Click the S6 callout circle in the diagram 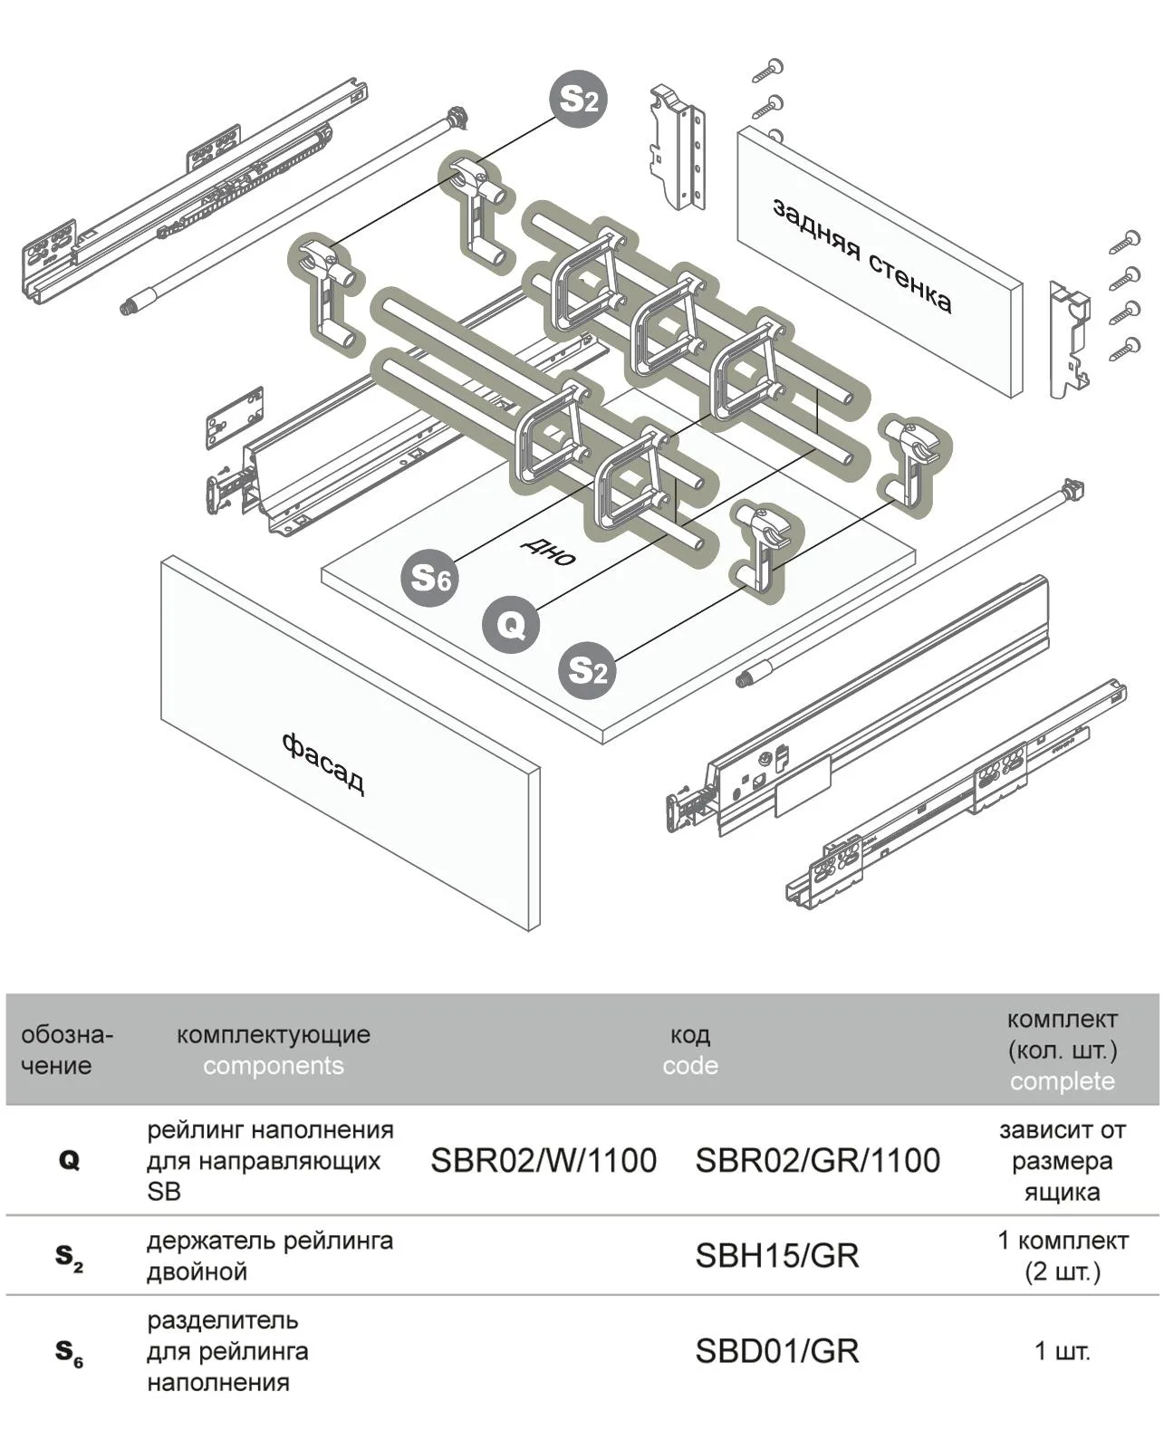[x=430, y=577]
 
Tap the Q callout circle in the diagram [x=510, y=625]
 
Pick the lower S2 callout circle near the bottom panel [x=587, y=671]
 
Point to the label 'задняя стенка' [x=861, y=255]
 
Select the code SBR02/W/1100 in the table [x=543, y=1160]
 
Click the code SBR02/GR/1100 [x=817, y=1160]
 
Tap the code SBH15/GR [x=776, y=1255]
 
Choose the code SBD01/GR [x=776, y=1350]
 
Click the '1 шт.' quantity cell [x=1062, y=1351]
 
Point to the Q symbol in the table [x=69, y=1160]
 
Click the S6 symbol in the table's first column [x=69, y=1352]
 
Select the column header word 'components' [x=273, y=1065]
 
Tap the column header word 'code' [x=689, y=1065]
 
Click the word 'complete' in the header [x=1062, y=1081]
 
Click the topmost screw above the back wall [x=770, y=69]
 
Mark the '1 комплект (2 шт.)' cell [x=1062, y=1255]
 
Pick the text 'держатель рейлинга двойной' [x=269, y=1255]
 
